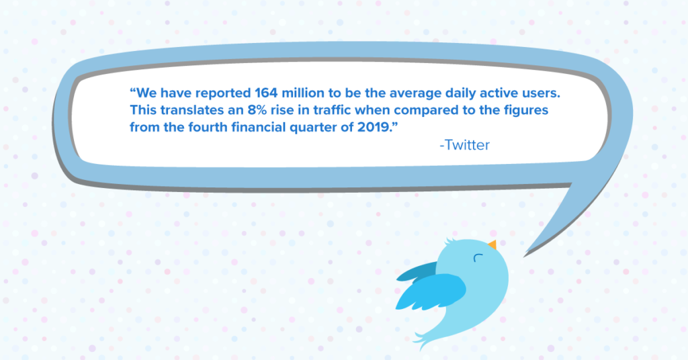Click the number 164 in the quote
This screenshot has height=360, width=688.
(x=266, y=93)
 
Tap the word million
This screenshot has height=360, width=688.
(x=303, y=93)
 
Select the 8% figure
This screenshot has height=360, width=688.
(x=257, y=110)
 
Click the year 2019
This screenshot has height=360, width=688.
(x=373, y=127)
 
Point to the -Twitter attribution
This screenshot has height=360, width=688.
(x=464, y=145)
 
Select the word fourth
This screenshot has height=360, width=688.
(x=208, y=127)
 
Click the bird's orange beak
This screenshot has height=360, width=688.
(x=492, y=244)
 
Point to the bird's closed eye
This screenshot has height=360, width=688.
(x=478, y=257)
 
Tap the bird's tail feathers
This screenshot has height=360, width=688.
(x=423, y=339)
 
